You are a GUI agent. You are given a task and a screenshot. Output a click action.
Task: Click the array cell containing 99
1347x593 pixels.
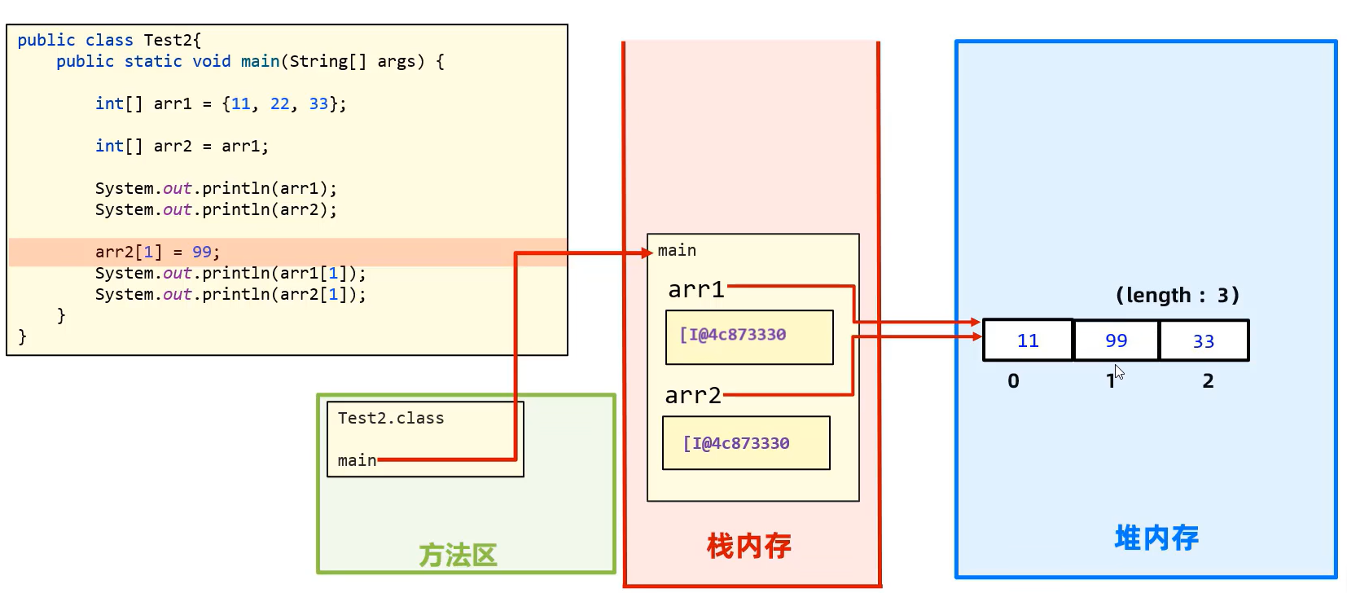click(x=1116, y=340)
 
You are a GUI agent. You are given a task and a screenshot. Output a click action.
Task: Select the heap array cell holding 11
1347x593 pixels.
click(x=1028, y=340)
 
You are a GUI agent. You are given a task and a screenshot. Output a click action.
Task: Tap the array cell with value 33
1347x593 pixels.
click(x=1204, y=340)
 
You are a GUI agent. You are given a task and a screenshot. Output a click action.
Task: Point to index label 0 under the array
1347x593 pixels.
click(x=1013, y=381)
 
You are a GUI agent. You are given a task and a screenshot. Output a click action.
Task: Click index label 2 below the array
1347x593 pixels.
click(x=1208, y=381)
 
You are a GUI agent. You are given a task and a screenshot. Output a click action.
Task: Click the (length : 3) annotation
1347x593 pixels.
click(x=1177, y=295)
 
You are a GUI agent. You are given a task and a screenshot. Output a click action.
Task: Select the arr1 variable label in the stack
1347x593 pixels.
click(x=696, y=290)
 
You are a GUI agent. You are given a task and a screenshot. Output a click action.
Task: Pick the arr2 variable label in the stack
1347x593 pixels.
click(x=693, y=396)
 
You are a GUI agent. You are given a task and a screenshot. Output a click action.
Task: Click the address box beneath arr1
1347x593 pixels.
click(x=749, y=336)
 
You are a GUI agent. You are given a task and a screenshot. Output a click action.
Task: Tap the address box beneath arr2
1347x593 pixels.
click(x=746, y=443)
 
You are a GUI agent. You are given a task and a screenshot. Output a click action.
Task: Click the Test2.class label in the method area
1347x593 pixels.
click(x=391, y=419)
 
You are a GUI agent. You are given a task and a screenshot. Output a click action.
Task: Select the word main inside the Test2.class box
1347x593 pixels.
click(x=357, y=460)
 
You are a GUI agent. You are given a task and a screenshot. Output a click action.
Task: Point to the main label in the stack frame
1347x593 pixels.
click(x=677, y=251)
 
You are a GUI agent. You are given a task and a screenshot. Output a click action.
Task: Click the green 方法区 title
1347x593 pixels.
click(x=458, y=556)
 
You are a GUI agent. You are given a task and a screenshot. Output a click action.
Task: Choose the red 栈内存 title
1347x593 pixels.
click(x=748, y=546)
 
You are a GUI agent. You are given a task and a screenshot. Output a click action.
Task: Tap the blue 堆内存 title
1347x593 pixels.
click(x=1156, y=538)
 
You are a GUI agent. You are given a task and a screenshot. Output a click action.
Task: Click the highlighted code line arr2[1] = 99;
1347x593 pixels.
click(x=157, y=253)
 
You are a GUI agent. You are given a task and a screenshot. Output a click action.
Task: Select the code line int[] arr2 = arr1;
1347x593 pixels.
click(x=182, y=147)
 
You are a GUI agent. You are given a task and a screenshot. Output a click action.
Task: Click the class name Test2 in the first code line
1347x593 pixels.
click(x=169, y=40)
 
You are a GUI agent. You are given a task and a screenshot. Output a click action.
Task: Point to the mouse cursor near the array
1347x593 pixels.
click(x=1119, y=371)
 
